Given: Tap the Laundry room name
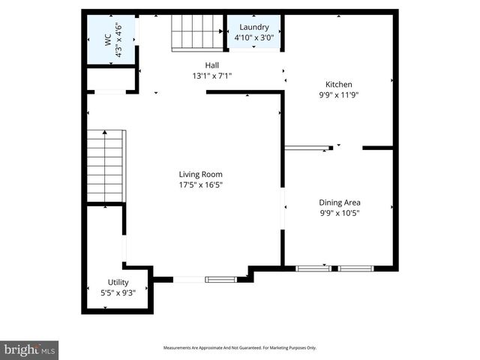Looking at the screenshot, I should tap(253, 27).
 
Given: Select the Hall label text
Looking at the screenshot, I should tap(212, 65).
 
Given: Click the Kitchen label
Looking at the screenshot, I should tap(338, 85).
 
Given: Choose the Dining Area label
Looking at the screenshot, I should tap(340, 202).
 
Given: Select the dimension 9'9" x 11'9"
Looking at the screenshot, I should tap(338, 95).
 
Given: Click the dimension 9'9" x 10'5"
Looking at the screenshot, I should tap(340, 213).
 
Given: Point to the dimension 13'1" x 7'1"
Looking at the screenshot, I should tap(212, 76).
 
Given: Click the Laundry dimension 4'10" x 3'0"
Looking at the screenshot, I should tap(253, 37).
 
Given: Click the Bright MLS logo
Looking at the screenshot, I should tap(30, 349).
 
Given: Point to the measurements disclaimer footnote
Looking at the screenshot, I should tap(240, 348).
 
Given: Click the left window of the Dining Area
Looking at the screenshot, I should tap(313, 268).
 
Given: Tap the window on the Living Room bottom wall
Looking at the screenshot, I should tap(220, 280).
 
